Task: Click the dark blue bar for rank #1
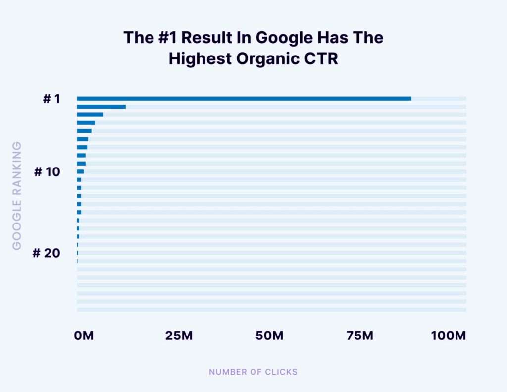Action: coord(244,98)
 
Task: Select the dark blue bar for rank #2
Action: coord(101,107)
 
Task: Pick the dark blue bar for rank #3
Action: coord(90,114)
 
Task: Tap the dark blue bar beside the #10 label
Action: coord(80,171)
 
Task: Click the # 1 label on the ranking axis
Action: coord(51,99)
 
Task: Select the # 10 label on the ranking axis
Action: coord(47,172)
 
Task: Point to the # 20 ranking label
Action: coord(46,253)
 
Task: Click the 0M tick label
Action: coord(83,336)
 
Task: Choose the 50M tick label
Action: coord(269,336)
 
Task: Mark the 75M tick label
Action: coord(360,336)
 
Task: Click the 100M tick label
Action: coord(449,336)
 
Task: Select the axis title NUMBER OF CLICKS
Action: coord(253,372)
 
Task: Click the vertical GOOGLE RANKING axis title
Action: coord(17,196)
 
